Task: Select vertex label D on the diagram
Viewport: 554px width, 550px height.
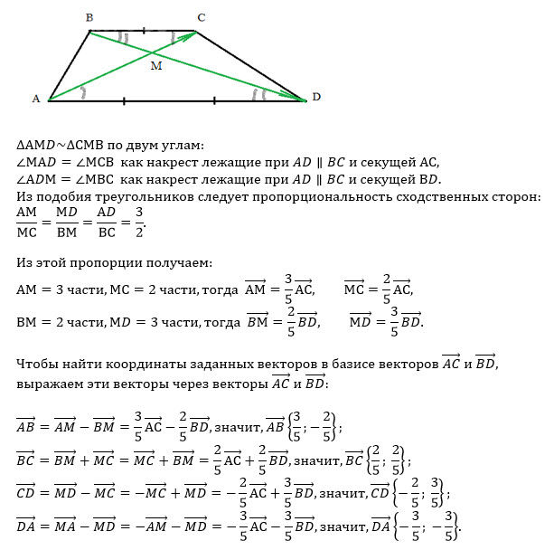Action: click(315, 96)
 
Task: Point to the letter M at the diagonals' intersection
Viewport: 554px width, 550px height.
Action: click(156, 67)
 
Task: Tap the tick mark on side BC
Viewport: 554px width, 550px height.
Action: click(143, 31)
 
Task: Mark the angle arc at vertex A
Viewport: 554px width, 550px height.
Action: click(83, 92)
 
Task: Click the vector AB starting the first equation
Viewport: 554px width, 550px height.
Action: click(27, 424)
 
